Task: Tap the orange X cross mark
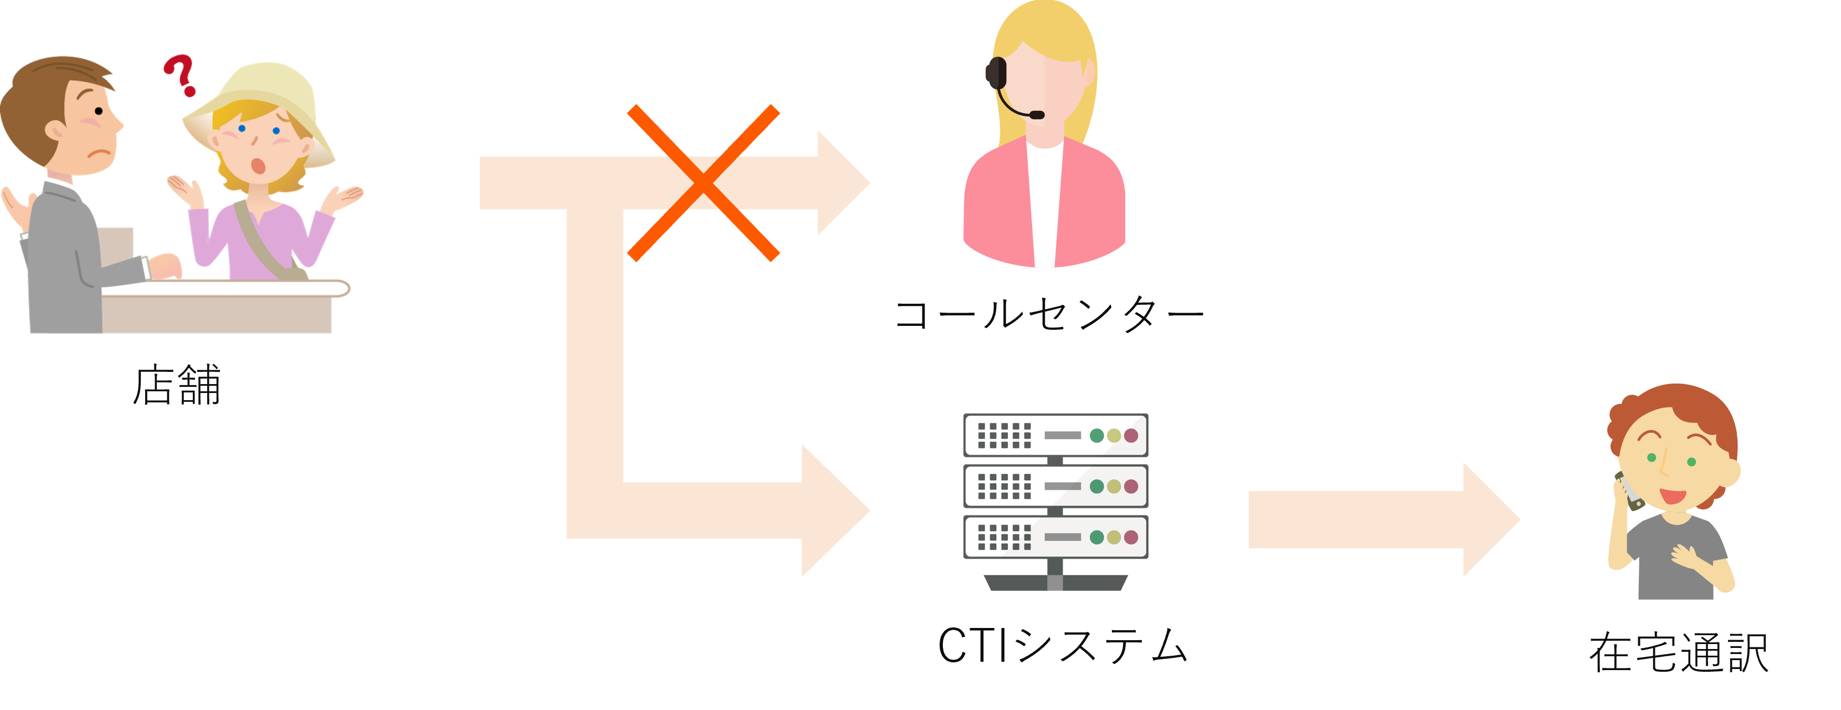[x=703, y=183]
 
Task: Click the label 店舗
[x=177, y=386]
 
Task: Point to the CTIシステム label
[x=1062, y=645]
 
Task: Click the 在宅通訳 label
[x=1678, y=652]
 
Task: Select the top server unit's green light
[x=1096, y=436]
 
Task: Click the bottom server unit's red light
[x=1131, y=537]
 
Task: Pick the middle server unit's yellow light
[x=1114, y=486]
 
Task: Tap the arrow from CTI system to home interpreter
[x=1380, y=520]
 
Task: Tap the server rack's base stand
[x=1055, y=582]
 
